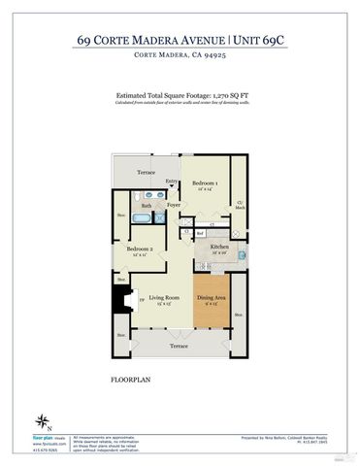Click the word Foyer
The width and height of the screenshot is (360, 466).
174,205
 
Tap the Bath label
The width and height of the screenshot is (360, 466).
146,206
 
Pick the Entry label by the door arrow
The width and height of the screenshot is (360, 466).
172,182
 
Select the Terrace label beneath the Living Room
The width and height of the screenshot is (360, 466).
180,346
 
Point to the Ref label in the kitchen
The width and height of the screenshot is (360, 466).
198,233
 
